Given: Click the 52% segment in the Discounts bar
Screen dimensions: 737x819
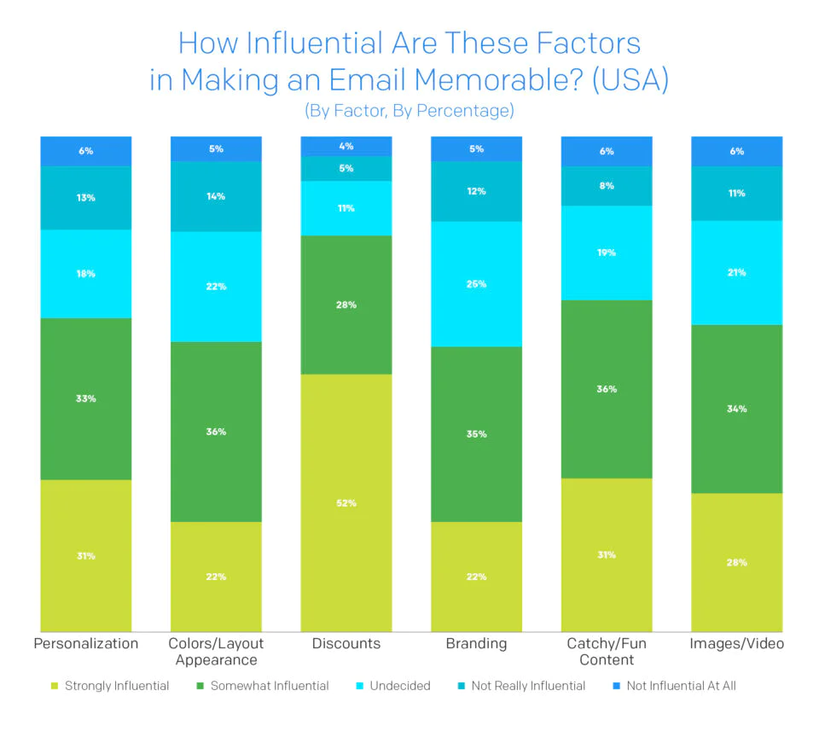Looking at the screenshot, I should click(346, 502).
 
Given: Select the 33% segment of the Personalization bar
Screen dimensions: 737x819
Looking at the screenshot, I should click(85, 398).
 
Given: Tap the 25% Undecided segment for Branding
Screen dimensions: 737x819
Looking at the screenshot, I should click(476, 283).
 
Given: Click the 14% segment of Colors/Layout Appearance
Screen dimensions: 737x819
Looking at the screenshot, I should click(216, 196).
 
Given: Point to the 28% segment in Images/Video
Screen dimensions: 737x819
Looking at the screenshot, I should click(736, 562).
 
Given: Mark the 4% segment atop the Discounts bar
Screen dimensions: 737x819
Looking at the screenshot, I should click(346, 146).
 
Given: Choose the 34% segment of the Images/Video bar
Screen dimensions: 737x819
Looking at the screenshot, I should click(736, 409).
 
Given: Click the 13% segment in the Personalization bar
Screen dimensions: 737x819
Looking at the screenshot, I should click(85, 197).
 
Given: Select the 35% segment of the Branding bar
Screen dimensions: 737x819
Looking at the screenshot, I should click(476, 433).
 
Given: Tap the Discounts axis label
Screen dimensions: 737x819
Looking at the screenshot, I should click(346, 644).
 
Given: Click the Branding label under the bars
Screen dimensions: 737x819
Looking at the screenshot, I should click(476, 644).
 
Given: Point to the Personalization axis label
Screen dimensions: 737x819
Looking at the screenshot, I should click(85, 644).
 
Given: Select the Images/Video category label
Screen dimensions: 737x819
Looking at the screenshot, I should click(736, 644).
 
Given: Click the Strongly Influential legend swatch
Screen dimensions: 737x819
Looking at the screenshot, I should click(55, 686).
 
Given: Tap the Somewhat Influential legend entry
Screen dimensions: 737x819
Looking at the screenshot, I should click(267, 686).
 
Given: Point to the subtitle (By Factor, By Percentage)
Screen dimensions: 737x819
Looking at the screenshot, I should click(409, 111).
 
